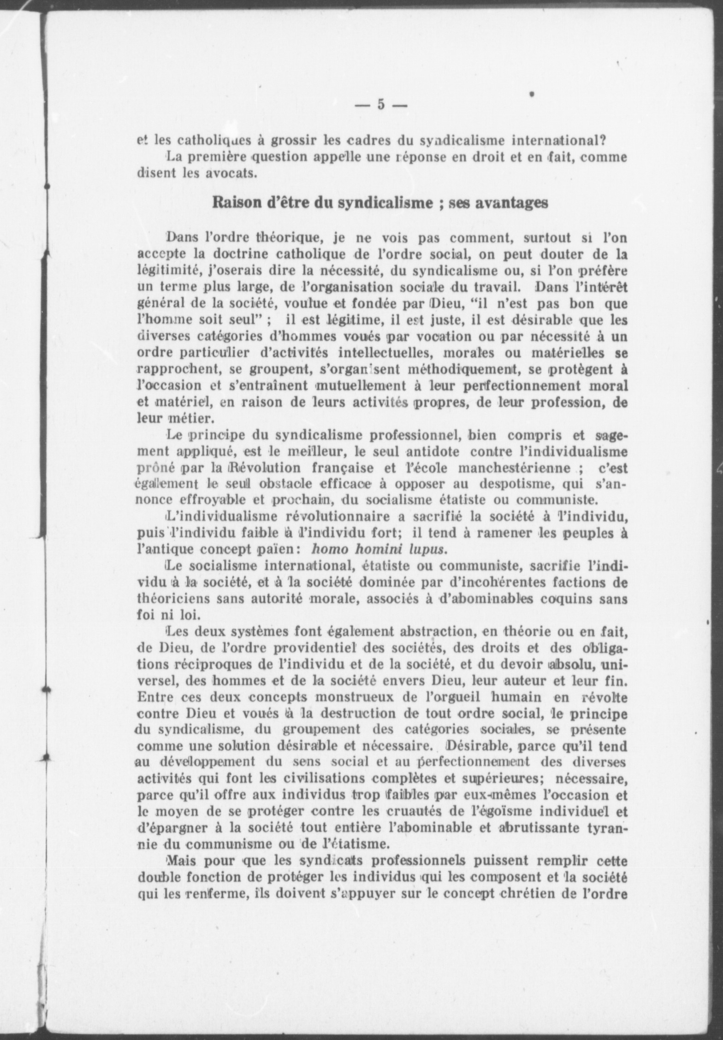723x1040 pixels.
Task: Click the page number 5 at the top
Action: (x=381, y=104)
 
